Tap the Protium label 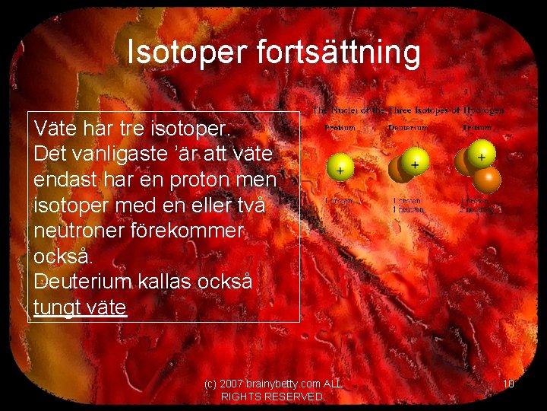[340, 128]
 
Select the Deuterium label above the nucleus [408, 128]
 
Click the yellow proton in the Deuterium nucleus [414, 163]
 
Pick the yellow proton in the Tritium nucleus [481, 155]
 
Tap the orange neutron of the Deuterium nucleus [398, 170]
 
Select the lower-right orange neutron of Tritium [488, 179]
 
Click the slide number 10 [508, 384]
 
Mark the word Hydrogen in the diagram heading [483, 110]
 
